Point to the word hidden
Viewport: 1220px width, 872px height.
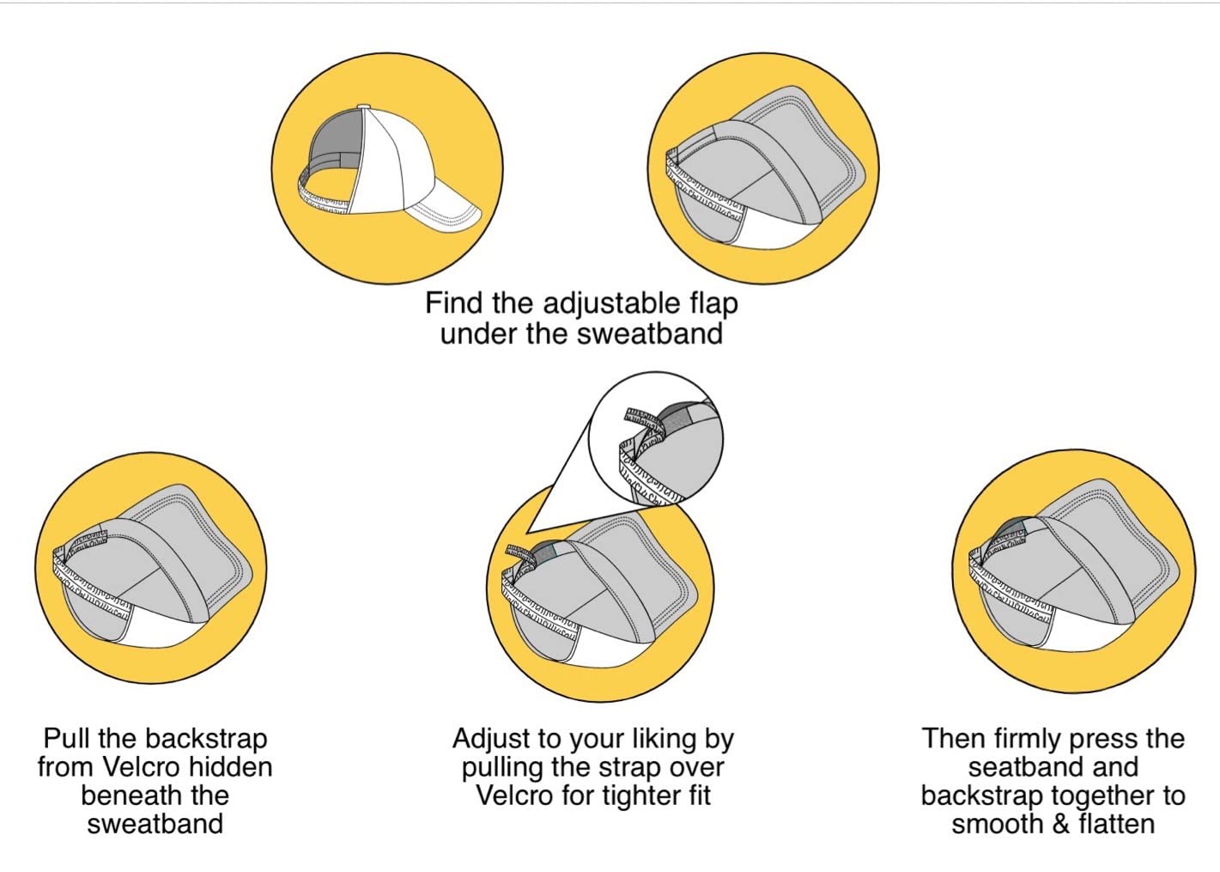(231, 767)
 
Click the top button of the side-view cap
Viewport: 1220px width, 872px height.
(364, 107)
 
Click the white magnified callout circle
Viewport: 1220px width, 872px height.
(656, 439)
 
